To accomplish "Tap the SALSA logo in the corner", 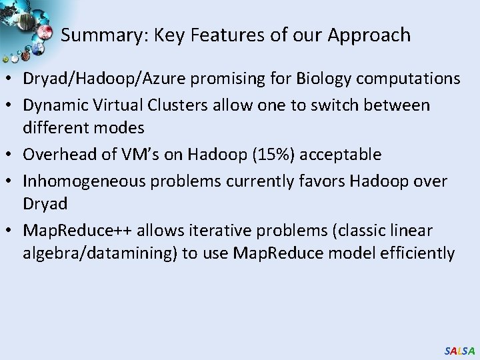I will pyautogui.click(x=459, y=350).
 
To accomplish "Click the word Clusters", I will pyautogui.click(x=174, y=105).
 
